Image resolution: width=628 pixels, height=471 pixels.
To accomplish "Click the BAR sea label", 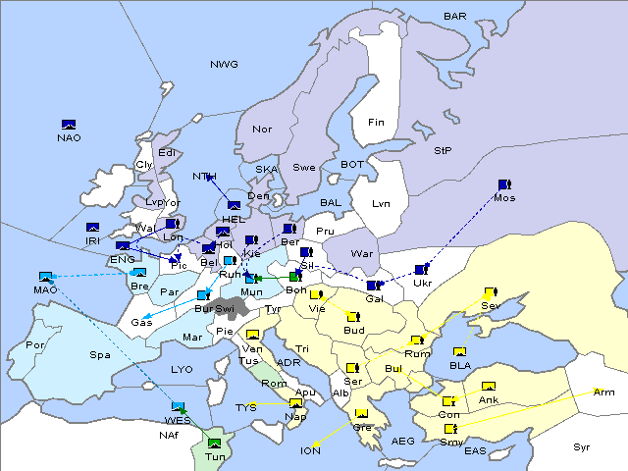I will pyautogui.click(x=454, y=17).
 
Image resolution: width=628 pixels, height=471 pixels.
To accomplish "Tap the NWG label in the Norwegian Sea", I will pyautogui.click(x=224, y=65).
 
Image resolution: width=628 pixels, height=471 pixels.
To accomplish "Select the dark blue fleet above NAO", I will pyautogui.click(x=69, y=125).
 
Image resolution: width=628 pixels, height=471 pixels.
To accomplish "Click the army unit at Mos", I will pyautogui.click(x=504, y=184).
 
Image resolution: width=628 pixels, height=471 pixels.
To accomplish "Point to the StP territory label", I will pyautogui.click(x=443, y=151).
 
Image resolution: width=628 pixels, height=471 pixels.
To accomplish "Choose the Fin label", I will pyautogui.click(x=376, y=123).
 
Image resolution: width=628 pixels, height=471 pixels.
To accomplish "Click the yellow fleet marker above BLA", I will pyautogui.click(x=458, y=351).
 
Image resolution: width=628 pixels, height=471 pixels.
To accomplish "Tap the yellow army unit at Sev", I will pyautogui.click(x=491, y=292).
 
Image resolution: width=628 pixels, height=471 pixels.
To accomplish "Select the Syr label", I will pyautogui.click(x=583, y=446).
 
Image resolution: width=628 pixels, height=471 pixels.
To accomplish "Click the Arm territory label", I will pyautogui.click(x=603, y=392).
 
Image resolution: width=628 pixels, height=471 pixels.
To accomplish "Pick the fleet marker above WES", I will pyautogui.click(x=179, y=406).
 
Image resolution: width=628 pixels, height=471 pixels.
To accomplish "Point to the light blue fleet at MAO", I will pyautogui.click(x=45, y=277).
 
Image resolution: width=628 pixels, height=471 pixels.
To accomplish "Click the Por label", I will pyautogui.click(x=35, y=345).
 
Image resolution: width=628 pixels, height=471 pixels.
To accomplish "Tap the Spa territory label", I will pyautogui.click(x=100, y=354).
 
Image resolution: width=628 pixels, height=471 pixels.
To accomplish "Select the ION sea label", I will pyautogui.click(x=310, y=451).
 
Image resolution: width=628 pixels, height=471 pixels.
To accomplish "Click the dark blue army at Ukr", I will pyautogui.click(x=422, y=270).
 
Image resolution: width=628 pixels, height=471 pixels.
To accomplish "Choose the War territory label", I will pyautogui.click(x=363, y=254).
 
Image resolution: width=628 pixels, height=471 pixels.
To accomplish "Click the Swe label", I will pyautogui.click(x=304, y=167).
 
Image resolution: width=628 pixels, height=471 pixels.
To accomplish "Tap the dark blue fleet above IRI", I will pyautogui.click(x=93, y=228).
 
